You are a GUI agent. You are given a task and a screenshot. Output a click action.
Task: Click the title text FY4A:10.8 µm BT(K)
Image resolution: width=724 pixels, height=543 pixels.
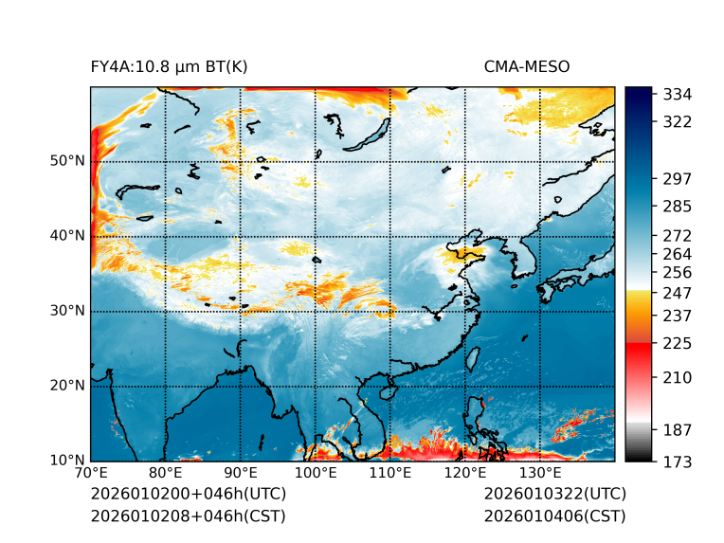click(169, 66)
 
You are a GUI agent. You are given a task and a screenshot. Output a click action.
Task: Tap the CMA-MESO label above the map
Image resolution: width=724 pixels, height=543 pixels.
click(527, 66)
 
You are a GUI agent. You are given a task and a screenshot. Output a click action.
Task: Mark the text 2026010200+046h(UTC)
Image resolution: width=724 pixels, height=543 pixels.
click(188, 495)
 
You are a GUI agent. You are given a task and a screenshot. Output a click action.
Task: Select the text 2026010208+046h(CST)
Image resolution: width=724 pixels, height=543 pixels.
click(188, 516)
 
